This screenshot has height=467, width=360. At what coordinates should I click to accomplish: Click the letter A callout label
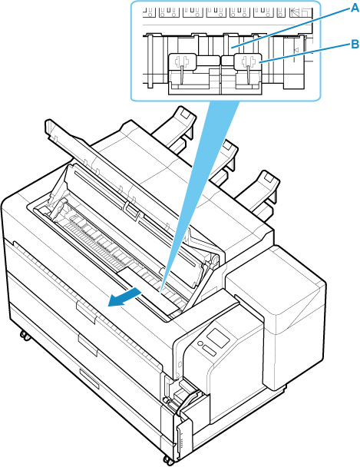point(355,8)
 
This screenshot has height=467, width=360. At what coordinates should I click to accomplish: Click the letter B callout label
point(355,45)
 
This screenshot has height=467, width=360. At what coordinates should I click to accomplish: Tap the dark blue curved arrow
point(124,298)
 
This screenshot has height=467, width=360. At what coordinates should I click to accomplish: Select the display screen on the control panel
point(218,338)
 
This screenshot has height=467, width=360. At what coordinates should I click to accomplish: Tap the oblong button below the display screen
point(210,350)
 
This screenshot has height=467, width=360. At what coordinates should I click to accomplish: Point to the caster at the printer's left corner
point(25,336)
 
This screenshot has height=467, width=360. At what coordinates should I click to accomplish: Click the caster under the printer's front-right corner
point(167,460)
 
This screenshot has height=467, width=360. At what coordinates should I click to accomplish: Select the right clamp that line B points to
point(247,63)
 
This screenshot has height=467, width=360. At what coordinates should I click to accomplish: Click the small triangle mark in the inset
point(296,51)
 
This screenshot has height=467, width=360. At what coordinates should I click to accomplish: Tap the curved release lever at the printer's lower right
point(188,401)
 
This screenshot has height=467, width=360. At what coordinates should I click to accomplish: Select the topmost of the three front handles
point(86,312)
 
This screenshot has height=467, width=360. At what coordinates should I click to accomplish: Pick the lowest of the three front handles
point(89,378)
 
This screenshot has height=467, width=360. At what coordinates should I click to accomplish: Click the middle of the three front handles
point(88,345)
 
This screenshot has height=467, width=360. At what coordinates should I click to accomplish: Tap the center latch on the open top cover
point(132,210)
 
